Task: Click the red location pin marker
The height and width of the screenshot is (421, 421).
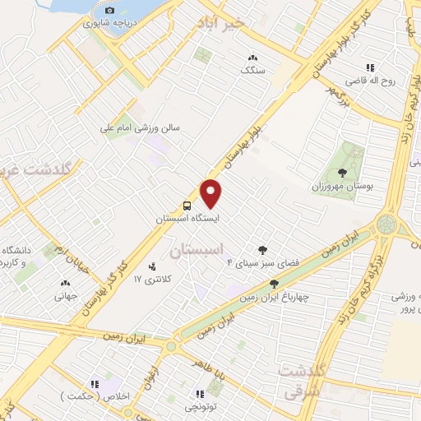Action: click(211, 192)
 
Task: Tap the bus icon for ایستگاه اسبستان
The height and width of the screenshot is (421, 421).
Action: click(188, 206)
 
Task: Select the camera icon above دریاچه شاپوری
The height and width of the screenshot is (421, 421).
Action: click(110, 11)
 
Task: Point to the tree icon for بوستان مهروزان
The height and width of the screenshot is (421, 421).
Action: click(343, 172)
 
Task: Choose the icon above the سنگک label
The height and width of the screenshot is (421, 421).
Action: click(252, 58)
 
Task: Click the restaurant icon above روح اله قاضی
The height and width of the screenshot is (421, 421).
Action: click(370, 67)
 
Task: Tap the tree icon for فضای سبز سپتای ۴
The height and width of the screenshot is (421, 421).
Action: click(262, 249)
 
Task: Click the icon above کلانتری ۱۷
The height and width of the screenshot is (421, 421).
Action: click(151, 266)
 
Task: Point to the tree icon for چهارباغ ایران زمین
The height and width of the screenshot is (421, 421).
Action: click(274, 283)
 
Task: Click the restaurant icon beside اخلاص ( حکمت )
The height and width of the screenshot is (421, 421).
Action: click(95, 383)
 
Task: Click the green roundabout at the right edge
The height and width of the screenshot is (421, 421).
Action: click(385, 224)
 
